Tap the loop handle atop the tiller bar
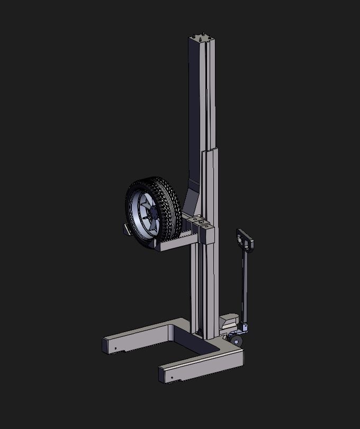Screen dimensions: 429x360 coord(245,239)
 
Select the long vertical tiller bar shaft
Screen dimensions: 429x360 coord(244,286)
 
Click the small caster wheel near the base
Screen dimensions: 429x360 coord(236,341)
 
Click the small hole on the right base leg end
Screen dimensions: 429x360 coord(172,378)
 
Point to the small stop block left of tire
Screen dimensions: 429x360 coord(127,229)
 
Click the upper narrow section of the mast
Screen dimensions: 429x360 coord(201,95)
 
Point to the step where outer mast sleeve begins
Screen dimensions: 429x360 coord(209,152)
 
